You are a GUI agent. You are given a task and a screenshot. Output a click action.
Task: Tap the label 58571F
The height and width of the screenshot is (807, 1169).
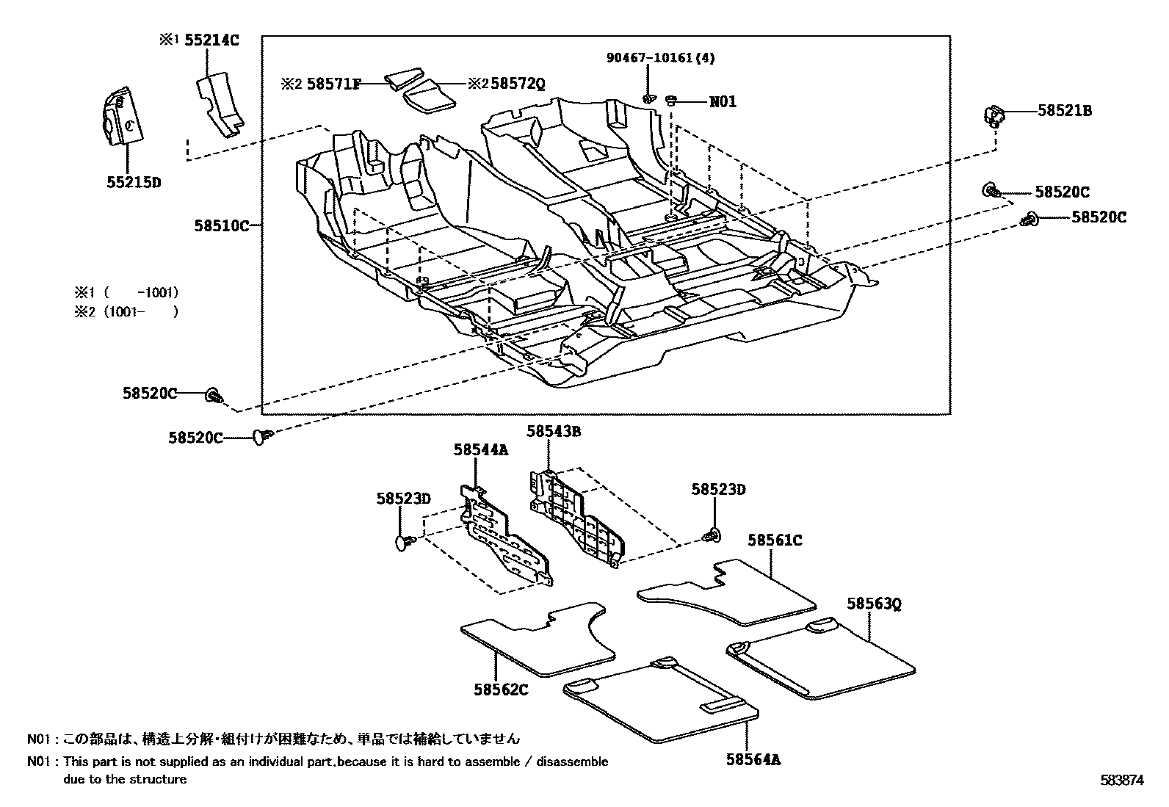333,84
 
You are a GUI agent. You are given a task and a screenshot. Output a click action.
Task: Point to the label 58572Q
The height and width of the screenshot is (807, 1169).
518,84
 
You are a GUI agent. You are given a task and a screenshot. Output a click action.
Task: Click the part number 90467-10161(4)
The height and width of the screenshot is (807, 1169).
661,57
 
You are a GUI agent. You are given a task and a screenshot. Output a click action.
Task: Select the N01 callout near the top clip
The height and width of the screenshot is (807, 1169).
723,102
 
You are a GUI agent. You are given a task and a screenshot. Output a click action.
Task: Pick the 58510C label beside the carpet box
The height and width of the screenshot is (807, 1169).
222,226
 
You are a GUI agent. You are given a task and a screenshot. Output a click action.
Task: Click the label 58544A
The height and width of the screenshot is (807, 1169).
481,449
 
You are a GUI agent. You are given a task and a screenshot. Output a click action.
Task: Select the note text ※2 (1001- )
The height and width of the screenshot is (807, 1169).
126,311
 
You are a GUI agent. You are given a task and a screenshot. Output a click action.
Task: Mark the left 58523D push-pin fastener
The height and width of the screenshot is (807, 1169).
403,542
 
